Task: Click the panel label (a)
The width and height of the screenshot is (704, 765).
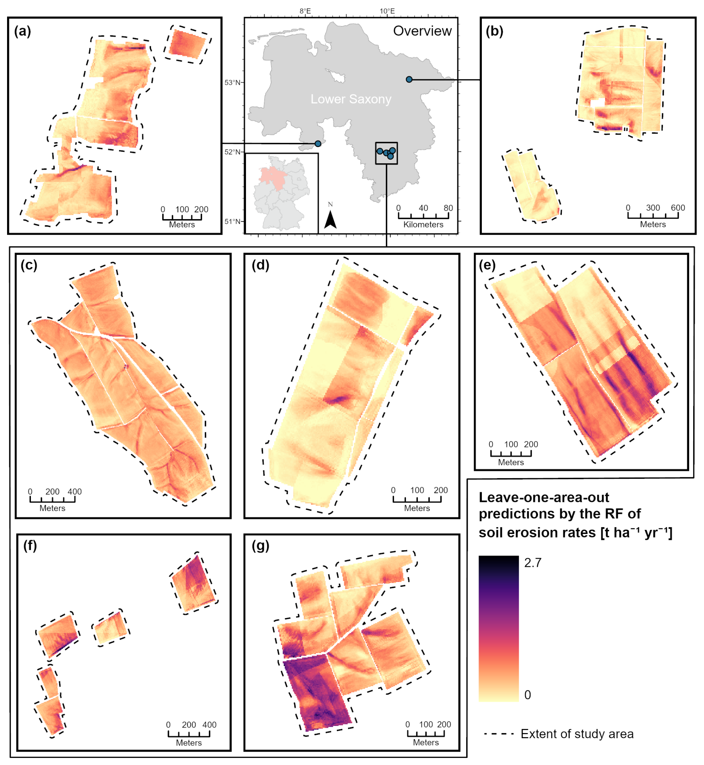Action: [x=22, y=31]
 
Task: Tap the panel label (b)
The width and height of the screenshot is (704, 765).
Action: [x=494, y=31]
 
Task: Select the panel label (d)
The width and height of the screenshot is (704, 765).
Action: [x=260, y=265]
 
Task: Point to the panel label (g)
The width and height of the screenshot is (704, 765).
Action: [x=260, y=545]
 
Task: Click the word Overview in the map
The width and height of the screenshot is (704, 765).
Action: [x=422, y=31]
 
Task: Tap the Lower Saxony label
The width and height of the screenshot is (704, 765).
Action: [x=351, y=99]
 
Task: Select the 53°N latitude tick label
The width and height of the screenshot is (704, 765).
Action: [x=233, y=83]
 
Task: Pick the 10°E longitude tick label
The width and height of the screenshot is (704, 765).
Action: [x=387, y=11]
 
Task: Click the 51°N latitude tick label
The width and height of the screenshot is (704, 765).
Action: [x=233, y=221]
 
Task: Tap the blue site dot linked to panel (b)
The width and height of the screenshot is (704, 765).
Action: [x=409, y=79]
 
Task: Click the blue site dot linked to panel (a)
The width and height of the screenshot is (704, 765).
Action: [x=318, y=144]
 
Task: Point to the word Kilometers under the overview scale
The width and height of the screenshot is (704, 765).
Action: [x=423, y=224]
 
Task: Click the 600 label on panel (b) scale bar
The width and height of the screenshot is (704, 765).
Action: [x=678, y=208]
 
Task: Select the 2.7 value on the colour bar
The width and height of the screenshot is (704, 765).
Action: [x=532, y=563]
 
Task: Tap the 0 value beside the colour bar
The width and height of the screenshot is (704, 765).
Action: [x=528, y=695]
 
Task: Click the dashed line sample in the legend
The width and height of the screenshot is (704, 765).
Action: [x=499, y=734]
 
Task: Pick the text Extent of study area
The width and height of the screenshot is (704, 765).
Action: [x=577, y=734]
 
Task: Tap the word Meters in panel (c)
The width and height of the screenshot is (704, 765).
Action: [x=52, y=508]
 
